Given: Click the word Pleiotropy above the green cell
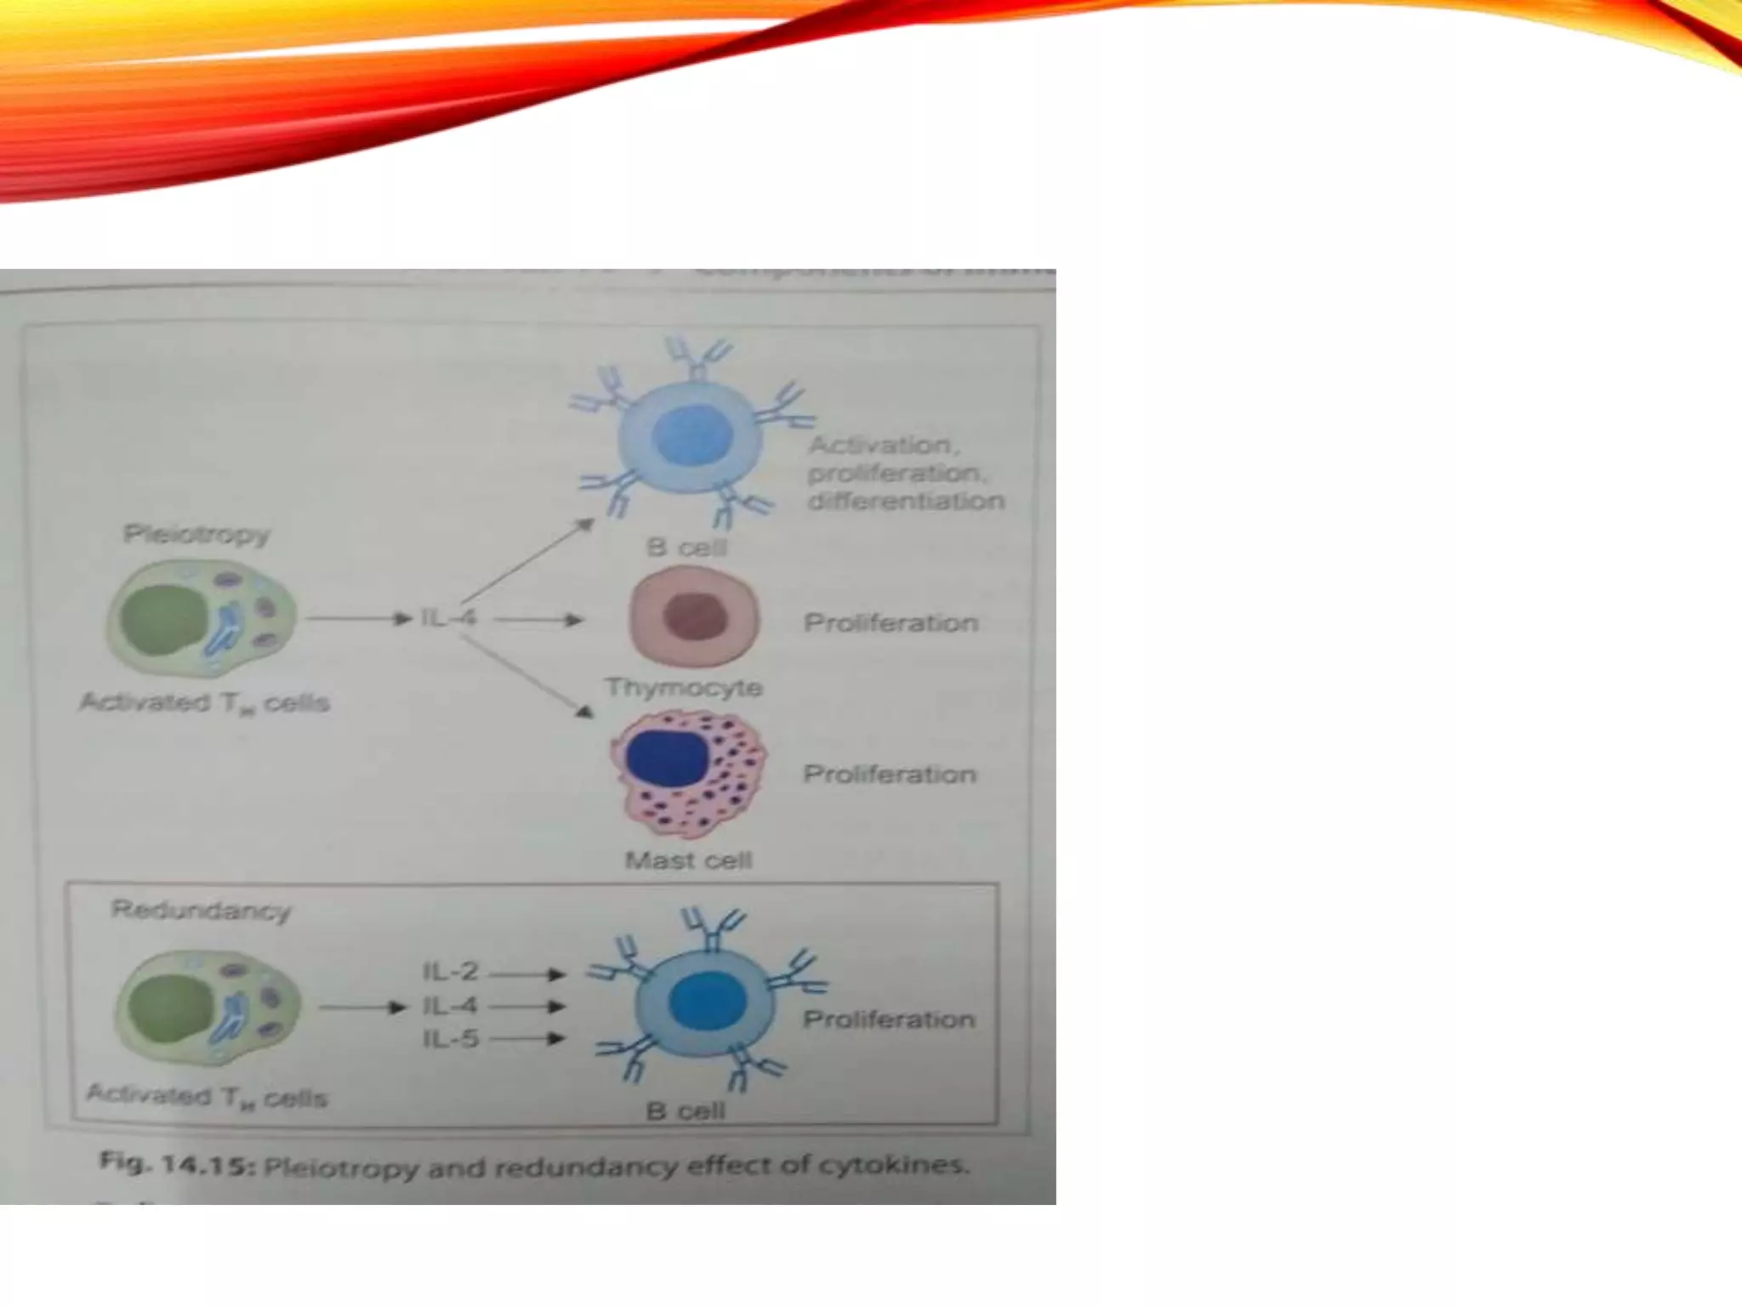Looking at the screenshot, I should point(196,534).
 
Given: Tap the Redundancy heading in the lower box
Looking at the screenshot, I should point(201,911).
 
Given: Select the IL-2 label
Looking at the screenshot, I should point(451,971).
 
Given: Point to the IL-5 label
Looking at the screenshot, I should point(451,1039).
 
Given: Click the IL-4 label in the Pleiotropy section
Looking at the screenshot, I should point(449,618).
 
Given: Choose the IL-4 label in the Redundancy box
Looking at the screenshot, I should point(451,1006).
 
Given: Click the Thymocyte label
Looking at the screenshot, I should point(683,687).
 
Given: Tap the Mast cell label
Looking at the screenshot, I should point(688,860).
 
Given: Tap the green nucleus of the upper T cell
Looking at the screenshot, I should point(164,616).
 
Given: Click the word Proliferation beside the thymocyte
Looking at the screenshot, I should point(891,623).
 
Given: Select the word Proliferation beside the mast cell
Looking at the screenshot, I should point(890,775).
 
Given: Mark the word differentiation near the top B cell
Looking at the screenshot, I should point(906,501).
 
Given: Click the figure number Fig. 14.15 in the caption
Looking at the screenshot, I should point(177,1163).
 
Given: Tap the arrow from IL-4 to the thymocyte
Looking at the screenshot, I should point(538,621).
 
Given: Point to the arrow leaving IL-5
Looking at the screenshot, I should point(527,1039).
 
